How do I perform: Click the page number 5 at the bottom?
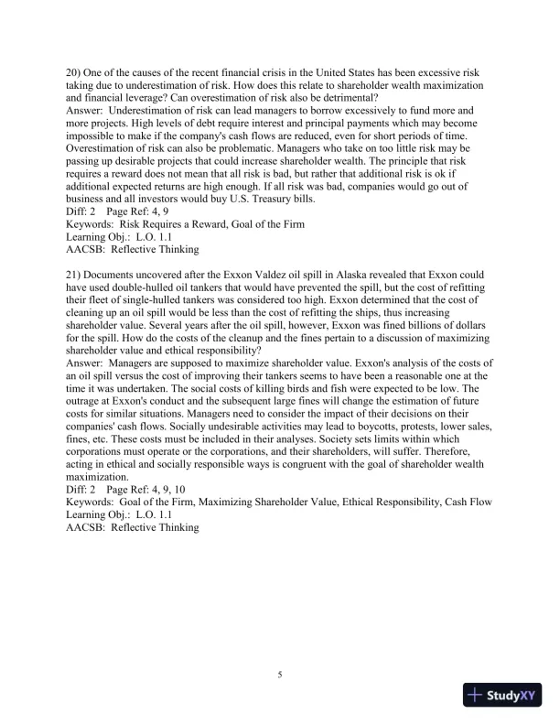[x=280, y=676]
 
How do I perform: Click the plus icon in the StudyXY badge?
[x=476, y=695]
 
